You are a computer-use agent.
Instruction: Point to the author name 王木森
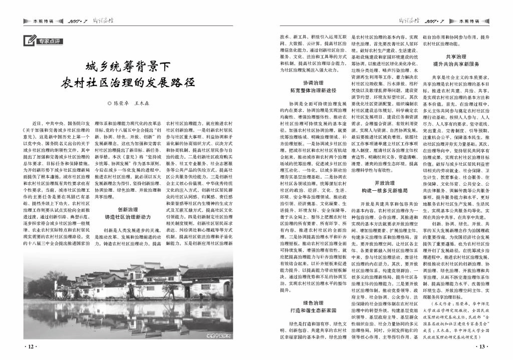point(141,104)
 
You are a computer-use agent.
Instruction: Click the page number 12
point(30,346)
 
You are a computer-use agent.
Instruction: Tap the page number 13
point(481,346)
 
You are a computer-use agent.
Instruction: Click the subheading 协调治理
point(314,82)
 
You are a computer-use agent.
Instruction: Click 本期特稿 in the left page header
point(43,22)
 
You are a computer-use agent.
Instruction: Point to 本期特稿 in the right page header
point(469,22)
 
